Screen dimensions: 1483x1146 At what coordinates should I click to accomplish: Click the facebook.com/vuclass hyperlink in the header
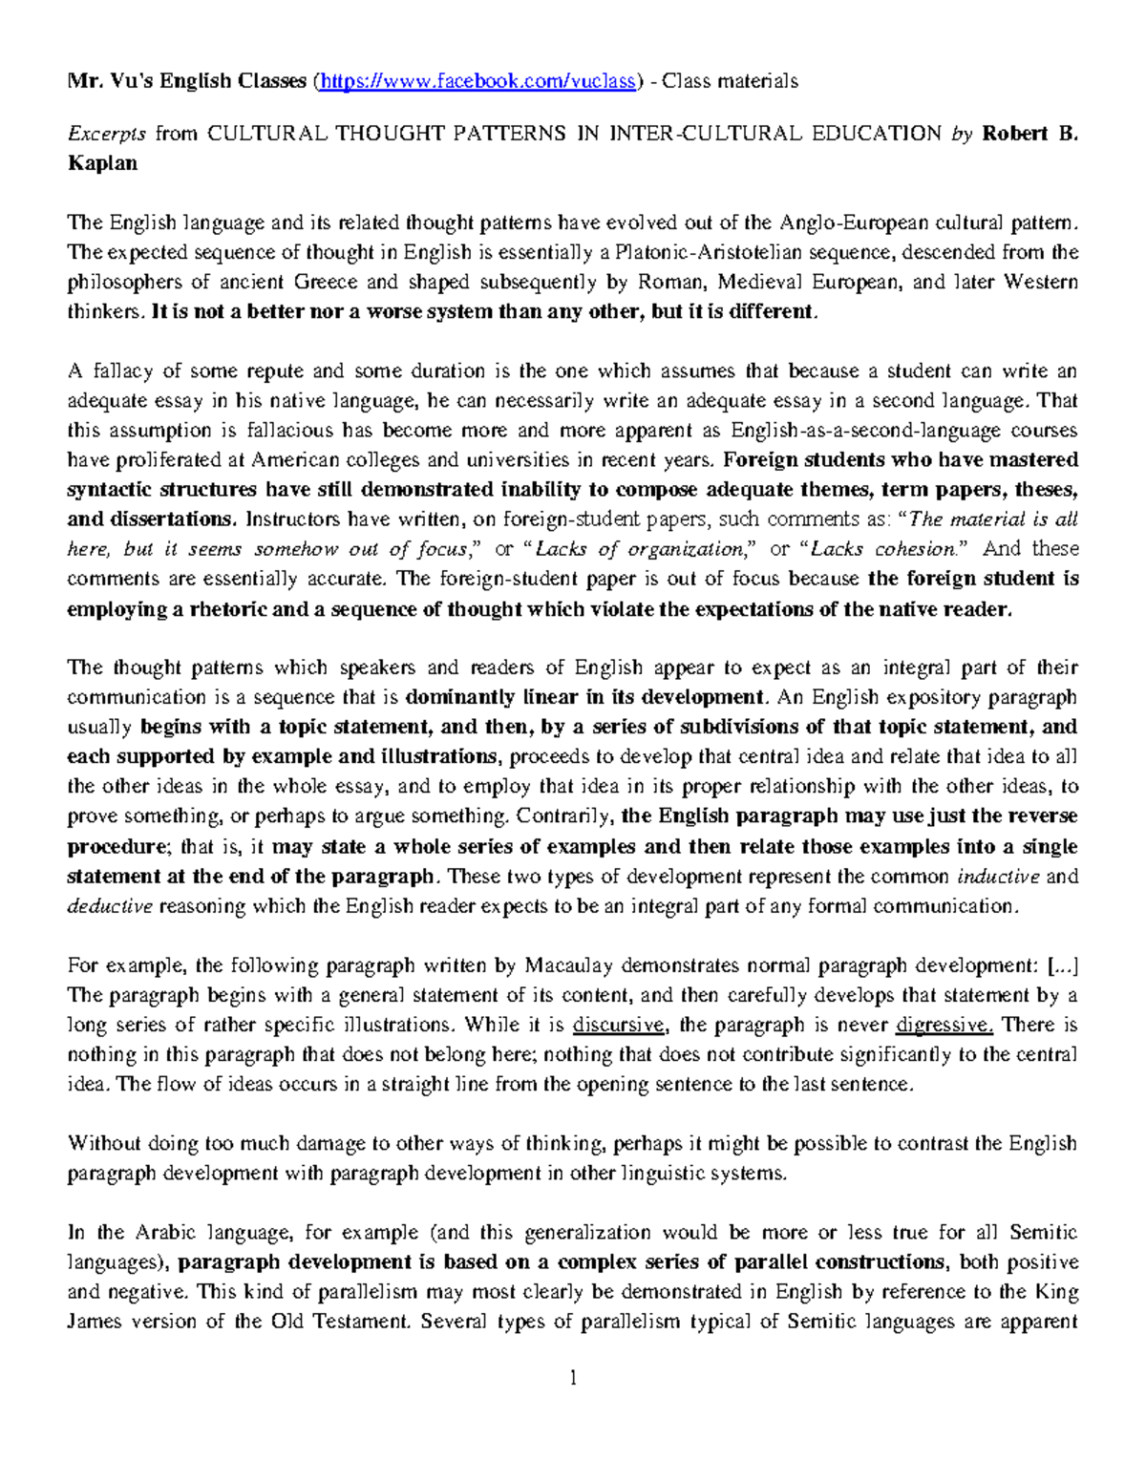[477, 81]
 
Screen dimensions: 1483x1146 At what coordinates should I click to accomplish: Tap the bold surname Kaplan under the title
[102, 163]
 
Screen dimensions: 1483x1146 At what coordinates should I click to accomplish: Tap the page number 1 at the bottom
[573, 1378]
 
